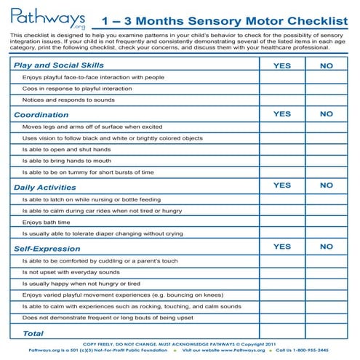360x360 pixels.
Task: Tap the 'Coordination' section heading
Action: pos(41,114)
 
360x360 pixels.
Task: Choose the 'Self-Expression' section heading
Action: pos(47,248)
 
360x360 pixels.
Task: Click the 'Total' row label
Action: pos(24,333)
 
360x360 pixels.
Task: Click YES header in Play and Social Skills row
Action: pos(281,65)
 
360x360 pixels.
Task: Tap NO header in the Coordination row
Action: pos(326,114)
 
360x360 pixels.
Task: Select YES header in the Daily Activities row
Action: pos(281,186)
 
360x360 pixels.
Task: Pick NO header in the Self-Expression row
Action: pos(326,247)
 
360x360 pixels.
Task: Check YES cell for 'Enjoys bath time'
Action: pos(281,222)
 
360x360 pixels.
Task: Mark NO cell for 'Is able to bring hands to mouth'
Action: pos(326,161)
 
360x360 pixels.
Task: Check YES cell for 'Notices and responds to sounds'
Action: pos(281,100)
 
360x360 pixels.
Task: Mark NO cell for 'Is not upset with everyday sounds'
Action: pos(326,272)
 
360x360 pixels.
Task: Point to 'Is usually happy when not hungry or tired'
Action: pos(81,284)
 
